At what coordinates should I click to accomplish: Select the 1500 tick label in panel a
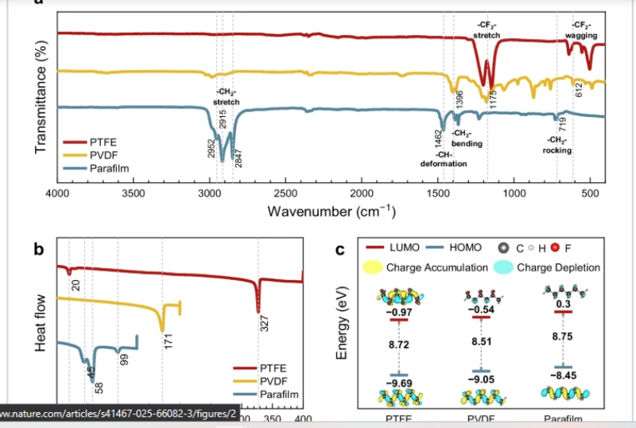(439, 193)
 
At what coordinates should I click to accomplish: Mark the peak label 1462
(438, 139)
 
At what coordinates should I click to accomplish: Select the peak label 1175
(493, 99)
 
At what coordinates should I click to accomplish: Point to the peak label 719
(562, 123)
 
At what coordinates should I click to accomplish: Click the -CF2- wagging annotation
(581, 31)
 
